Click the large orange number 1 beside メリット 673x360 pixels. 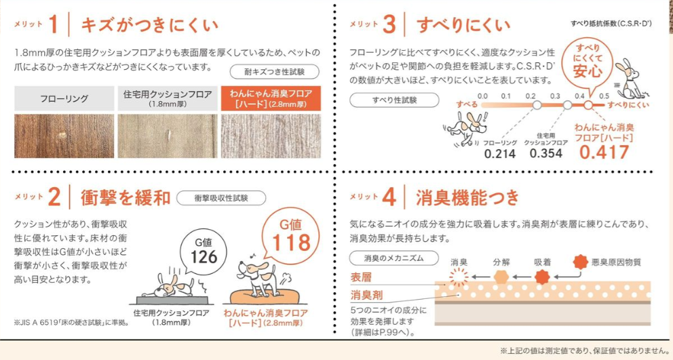click(54, 24)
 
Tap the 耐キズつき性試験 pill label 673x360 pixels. click(274, 72)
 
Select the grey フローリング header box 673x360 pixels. click(64, 98)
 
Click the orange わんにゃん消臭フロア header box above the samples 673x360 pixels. click(271, 98)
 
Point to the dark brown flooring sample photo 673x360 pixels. click(64, 136)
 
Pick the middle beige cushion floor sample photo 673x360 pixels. click(168, 136)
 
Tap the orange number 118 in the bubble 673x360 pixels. click(292, 243)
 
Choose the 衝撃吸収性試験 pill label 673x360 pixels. click(221, 198)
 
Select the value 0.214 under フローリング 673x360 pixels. click(499, 154)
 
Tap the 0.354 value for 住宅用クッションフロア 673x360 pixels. click(545, 153)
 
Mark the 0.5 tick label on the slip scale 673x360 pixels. click(604, 96)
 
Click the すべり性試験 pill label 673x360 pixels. click(394, 100)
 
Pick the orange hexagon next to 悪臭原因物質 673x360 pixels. click(580, 262)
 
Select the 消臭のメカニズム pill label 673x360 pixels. click(393, 258)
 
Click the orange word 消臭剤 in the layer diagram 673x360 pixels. click(366, 295)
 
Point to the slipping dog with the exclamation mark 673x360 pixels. click(465, 128)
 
